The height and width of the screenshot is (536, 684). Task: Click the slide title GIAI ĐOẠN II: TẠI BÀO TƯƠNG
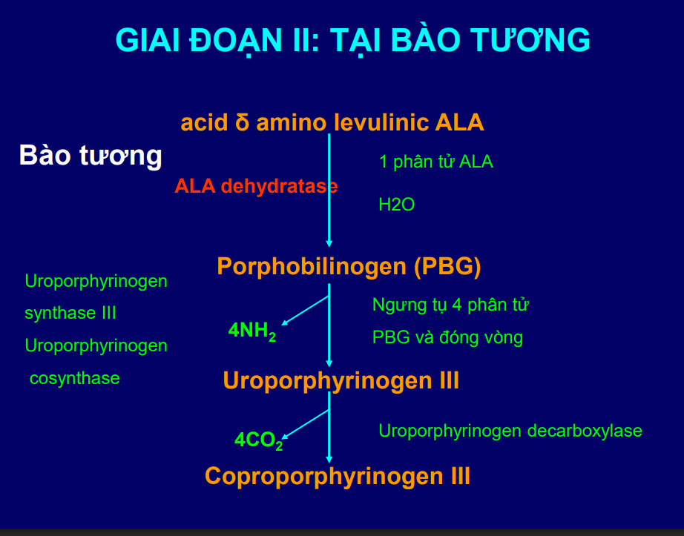352,40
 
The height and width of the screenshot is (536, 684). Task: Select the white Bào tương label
90,156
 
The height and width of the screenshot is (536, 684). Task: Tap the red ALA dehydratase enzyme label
255,186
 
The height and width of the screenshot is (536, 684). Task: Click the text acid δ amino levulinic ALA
332,122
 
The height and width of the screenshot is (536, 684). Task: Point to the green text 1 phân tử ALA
435,162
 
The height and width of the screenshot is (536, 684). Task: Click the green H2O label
396,205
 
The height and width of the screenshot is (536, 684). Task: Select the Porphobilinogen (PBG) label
349,266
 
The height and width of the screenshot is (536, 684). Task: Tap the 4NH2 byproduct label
252,331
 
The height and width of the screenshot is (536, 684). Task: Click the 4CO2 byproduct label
258,440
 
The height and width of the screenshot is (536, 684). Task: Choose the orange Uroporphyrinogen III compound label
341,381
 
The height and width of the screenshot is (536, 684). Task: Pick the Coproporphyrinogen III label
338,475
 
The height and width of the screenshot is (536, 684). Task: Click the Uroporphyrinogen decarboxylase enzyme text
510,431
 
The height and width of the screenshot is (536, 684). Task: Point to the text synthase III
70,314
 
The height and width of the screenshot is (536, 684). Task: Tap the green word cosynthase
74,378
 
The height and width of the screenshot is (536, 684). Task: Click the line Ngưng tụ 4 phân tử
450,305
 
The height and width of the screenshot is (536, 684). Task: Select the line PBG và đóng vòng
447,338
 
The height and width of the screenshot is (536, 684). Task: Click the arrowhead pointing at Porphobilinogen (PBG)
329,242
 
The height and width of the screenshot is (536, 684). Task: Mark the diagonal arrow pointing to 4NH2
305,310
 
